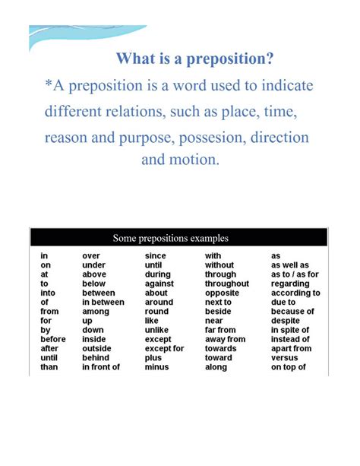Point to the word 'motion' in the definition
[x=195, y=160]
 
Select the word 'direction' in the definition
[x=283, y=138]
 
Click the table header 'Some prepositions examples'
[x=170, y=238]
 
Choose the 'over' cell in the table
[x=91, y=256]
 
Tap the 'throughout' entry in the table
[x=226, y=284]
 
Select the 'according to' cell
[x=295, y=293]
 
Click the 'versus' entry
[x=286, y=357]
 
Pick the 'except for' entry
[x=164, y=348]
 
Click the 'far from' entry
[x=220, y=330]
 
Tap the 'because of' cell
[x=292, y=312]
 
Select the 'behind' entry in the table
[x=96, y=357]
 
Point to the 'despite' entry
[x=286, y=321]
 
